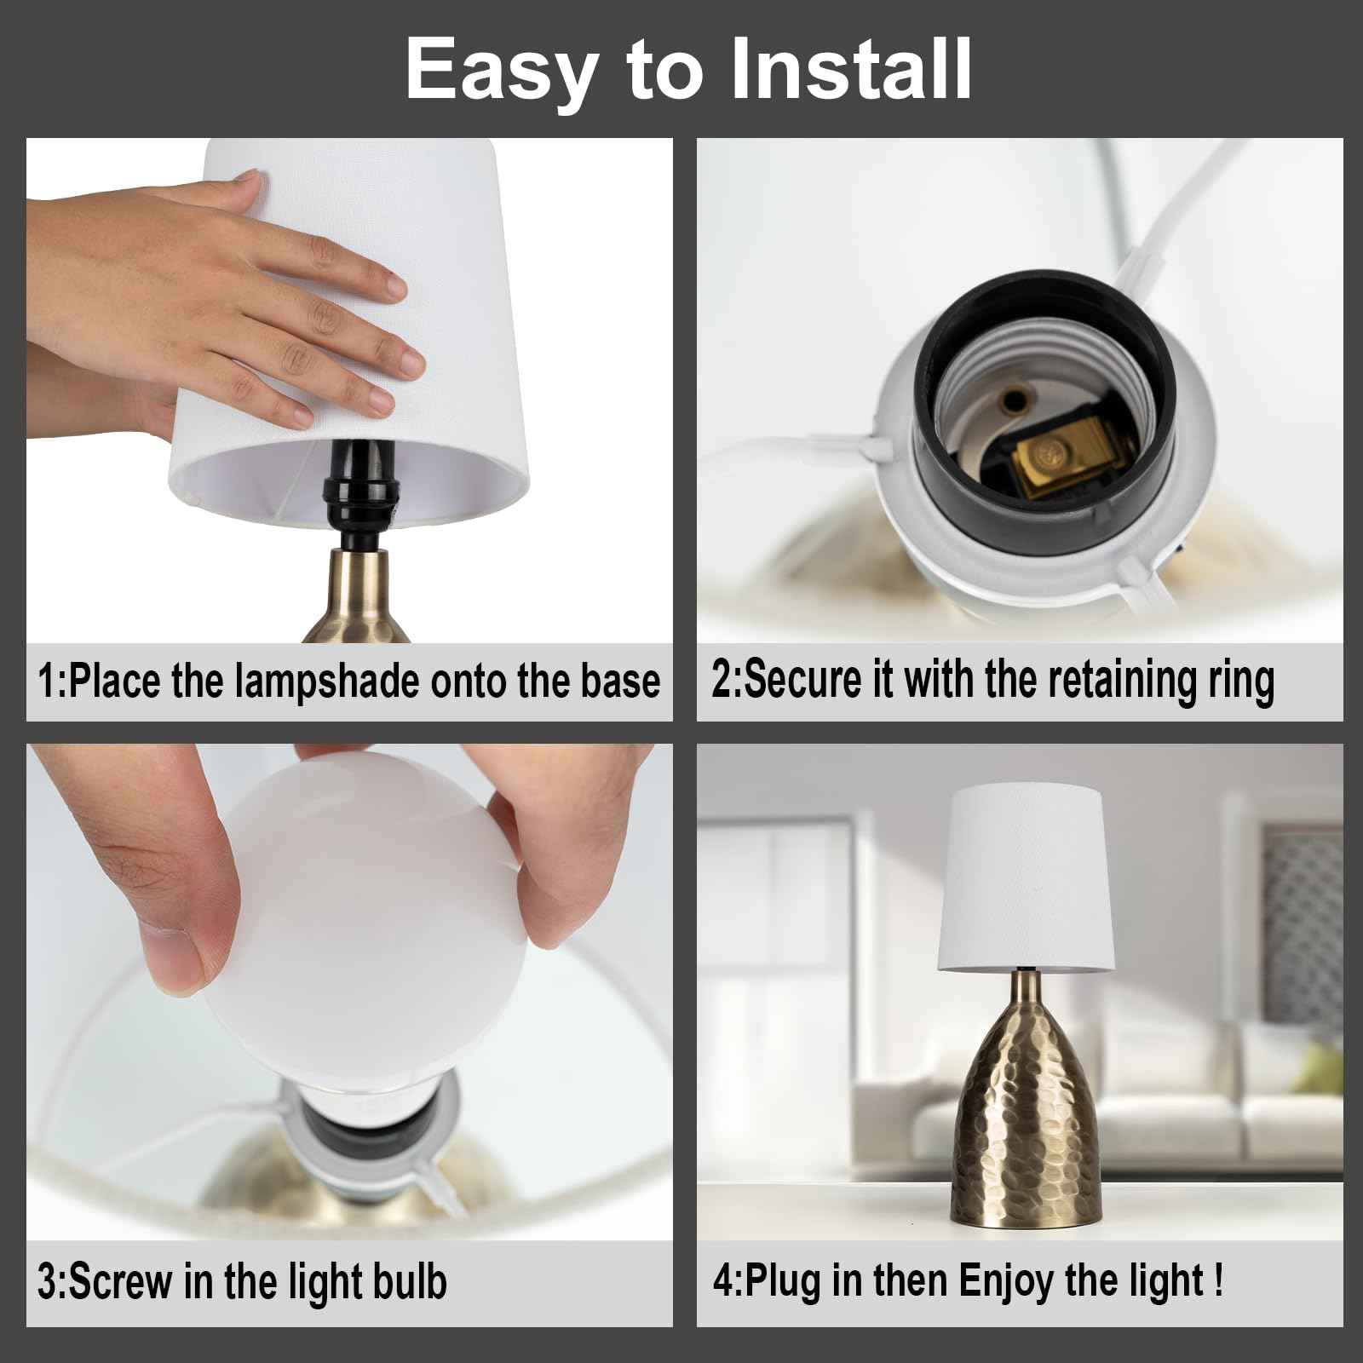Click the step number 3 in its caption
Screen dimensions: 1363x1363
pos(48,1283)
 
